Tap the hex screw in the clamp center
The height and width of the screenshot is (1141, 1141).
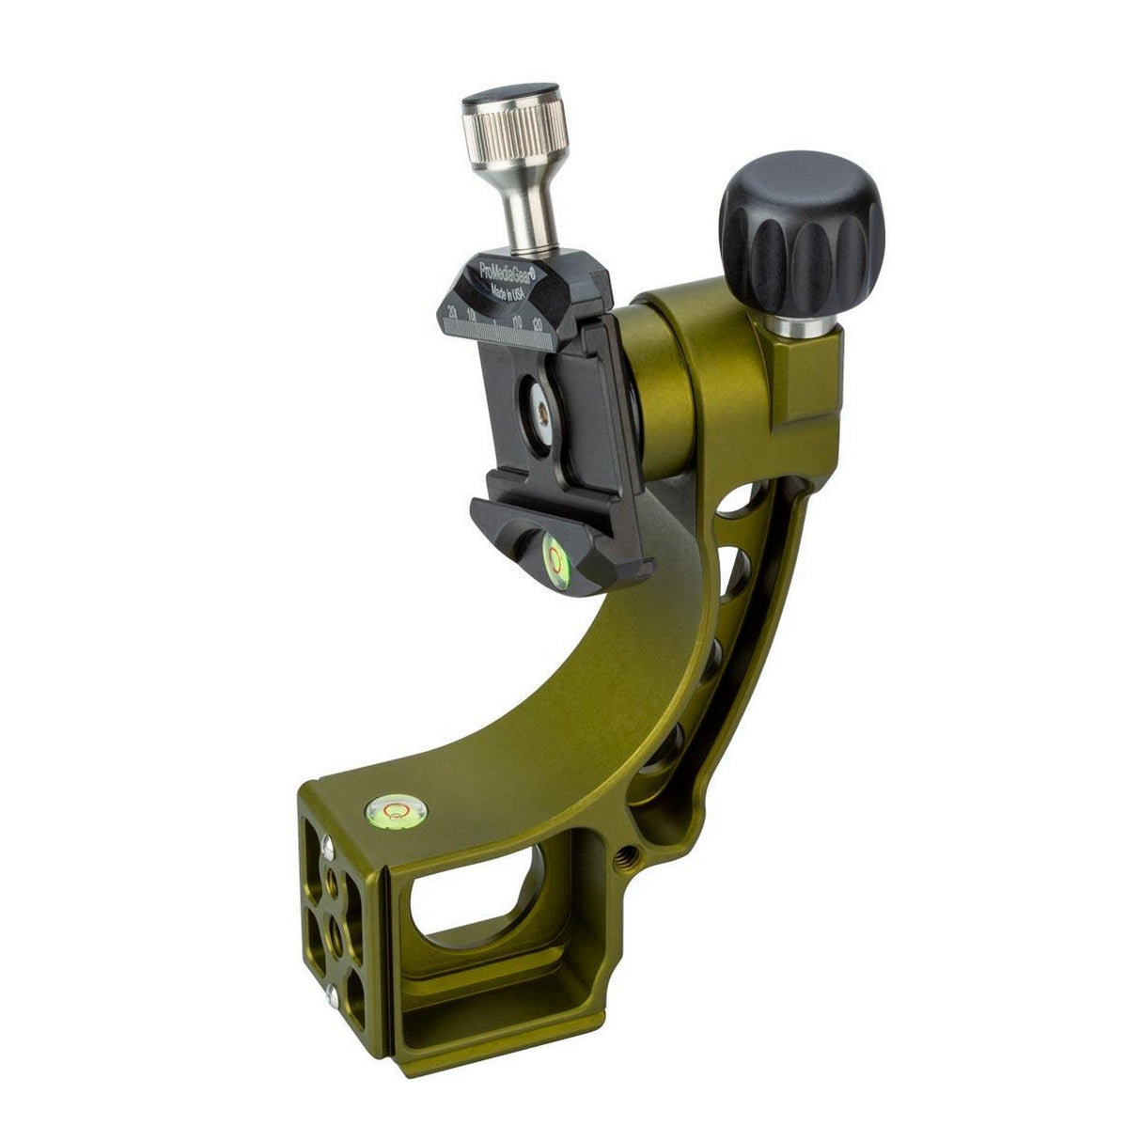point(541,405)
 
